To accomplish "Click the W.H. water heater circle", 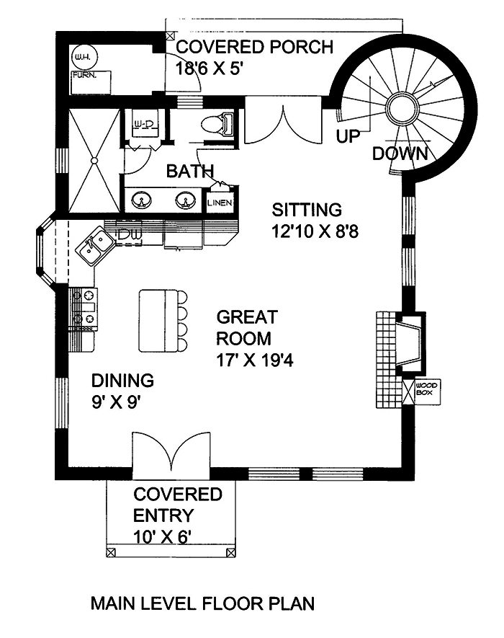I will (79, 56).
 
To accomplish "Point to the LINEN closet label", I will (220, 203).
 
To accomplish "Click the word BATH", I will (190, 172).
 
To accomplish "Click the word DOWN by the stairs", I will (400, 154).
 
